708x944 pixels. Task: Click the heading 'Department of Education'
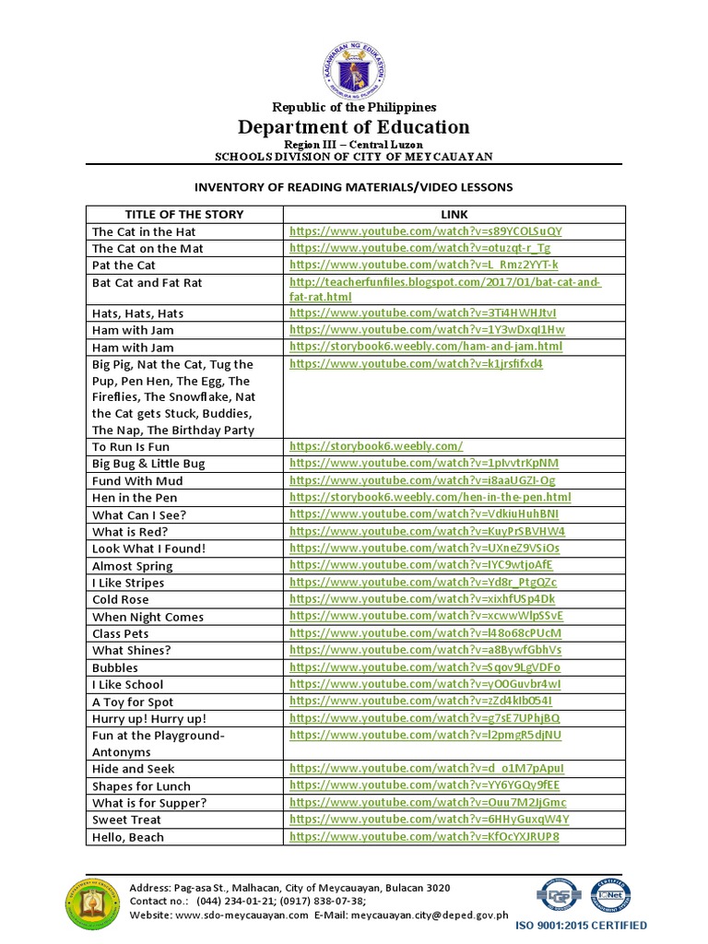click(354, 127)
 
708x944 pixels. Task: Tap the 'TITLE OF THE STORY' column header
click(171, 214)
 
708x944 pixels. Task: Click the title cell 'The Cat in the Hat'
click(144, 231)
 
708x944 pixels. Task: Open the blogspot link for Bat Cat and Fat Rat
click(444, 289)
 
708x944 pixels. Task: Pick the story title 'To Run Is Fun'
click(131, 446)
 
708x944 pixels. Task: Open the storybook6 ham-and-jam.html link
click(425, 347)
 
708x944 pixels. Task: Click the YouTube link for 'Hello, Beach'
click(424, 837)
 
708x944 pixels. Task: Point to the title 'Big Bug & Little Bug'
click(148, 464)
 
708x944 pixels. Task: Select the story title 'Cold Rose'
click(120, 599)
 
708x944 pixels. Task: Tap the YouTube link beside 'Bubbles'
click(424, 667)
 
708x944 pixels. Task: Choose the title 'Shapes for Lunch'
click(141, 786)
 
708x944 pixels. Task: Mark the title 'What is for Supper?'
click(149, 803)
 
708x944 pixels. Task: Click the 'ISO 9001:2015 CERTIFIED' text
click(594, 925)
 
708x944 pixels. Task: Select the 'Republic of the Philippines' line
click(354, 107)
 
